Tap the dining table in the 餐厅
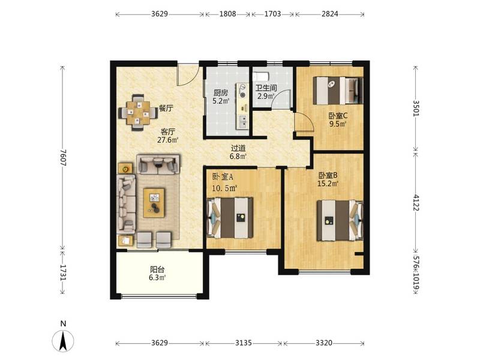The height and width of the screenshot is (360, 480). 139,113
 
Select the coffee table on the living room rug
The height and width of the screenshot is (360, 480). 154,203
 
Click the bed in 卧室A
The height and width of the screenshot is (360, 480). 230,218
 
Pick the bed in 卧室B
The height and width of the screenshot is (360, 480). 340,220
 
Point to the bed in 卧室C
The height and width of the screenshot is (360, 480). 338,91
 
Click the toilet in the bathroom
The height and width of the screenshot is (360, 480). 261,76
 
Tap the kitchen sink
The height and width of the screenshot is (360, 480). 244,121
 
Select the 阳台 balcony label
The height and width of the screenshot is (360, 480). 157,269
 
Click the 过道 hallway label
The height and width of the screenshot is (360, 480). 238,148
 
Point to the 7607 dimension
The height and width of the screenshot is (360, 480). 63,158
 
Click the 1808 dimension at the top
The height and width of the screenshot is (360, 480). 228,14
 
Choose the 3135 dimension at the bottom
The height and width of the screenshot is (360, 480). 244,343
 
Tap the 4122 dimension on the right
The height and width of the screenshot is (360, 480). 416,202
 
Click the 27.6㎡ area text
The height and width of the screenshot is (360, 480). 168,140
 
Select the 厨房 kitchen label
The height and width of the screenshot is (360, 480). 221,93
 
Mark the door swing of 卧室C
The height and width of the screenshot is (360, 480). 304,122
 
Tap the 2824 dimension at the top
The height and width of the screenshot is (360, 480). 329,14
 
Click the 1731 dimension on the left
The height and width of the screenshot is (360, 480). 63,273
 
